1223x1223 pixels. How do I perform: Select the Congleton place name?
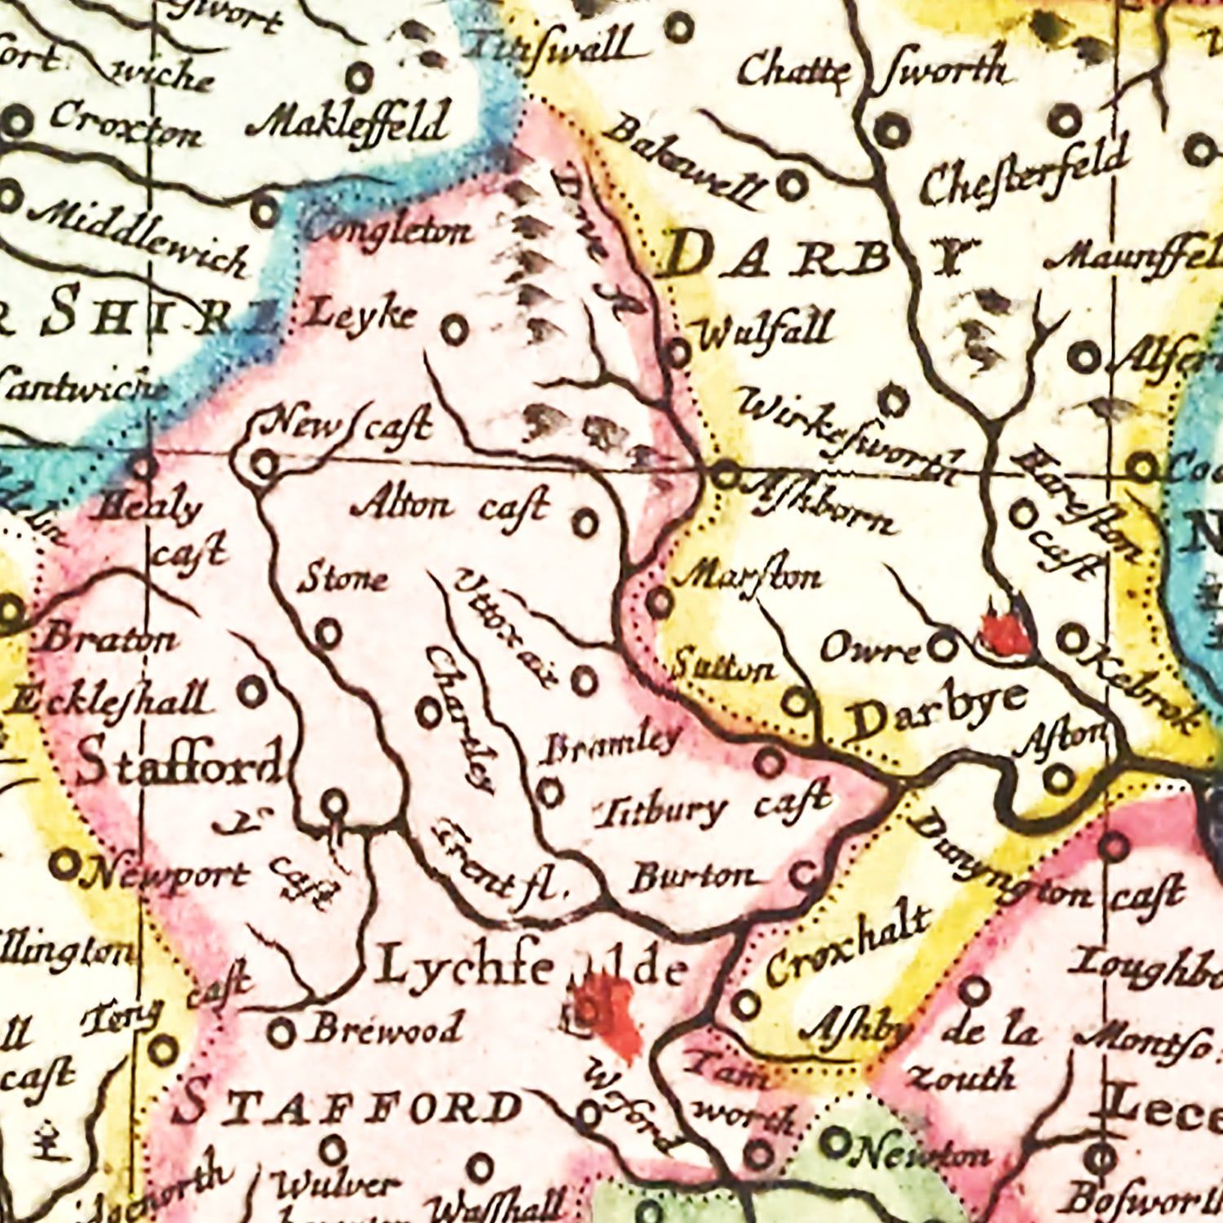tap(388, 231)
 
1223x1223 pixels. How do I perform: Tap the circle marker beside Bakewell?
tap(791, 186)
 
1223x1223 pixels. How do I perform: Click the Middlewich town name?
tap(139, 236)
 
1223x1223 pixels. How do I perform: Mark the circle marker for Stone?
tap(328, 633)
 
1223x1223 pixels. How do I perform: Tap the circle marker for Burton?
tap(804, 876)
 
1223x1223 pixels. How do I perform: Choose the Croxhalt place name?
tap(848, 946)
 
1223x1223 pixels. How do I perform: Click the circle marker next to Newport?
tap(64, 864)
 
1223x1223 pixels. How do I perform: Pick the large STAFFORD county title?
tap(351, 1107)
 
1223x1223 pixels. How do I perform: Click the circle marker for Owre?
tap(943, 647)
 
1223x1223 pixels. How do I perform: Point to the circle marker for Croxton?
tap(17, 123)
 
